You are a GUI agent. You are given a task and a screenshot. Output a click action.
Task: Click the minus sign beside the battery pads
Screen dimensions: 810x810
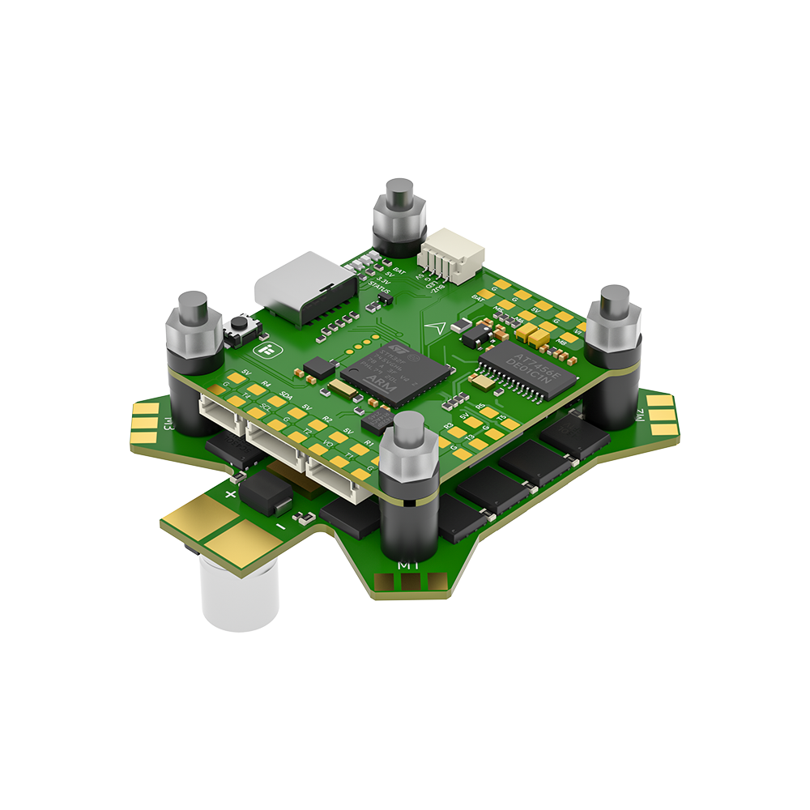point(279,528)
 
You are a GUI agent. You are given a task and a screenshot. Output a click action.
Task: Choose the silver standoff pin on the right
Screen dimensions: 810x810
point(615,304)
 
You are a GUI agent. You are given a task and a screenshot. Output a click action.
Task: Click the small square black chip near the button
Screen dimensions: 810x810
point(319,366)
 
